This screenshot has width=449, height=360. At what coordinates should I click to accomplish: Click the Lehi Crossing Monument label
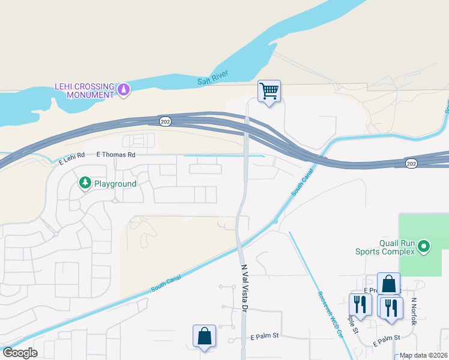84,91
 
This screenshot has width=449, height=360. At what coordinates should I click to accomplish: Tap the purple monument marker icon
124,90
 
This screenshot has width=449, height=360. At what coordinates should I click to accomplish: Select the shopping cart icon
269,92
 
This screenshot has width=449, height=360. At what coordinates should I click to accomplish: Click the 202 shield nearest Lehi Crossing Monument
165,121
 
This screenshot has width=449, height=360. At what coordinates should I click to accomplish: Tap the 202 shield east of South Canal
411,163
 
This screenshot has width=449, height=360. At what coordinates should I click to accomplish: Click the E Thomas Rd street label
116,154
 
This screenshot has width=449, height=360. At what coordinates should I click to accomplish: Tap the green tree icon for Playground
85,182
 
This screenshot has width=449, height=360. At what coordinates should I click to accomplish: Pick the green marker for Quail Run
424,246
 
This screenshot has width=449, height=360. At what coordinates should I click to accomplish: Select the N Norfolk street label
414,311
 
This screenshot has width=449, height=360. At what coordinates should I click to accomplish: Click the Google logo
20,352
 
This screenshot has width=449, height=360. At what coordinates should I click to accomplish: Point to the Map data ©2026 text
423,355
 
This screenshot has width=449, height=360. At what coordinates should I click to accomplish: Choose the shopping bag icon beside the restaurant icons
388,284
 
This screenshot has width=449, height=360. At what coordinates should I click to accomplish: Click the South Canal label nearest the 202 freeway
303,182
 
